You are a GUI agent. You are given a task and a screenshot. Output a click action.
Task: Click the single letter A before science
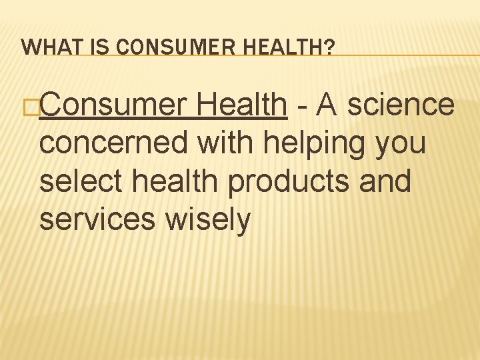pos(327,105)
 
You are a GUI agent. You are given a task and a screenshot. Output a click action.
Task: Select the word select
pos(75,181)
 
